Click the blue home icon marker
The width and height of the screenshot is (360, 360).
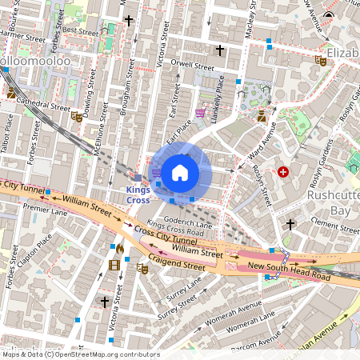pyautogui.click(x=180, y=171)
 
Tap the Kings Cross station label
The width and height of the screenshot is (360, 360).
pyautogui.click(x=138, y=195)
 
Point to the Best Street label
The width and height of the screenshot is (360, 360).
pyautogui.click(x=80, y=30)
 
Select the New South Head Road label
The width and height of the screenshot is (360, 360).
pyautogui.click(x=289, y=271)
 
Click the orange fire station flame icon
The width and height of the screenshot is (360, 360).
pyautogui.click(x=119, y=248)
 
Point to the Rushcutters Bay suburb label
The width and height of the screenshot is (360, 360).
pyautogui.click(x=333, y=203)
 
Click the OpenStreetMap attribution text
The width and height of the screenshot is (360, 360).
pyautogui.click(x=80, y=354)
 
